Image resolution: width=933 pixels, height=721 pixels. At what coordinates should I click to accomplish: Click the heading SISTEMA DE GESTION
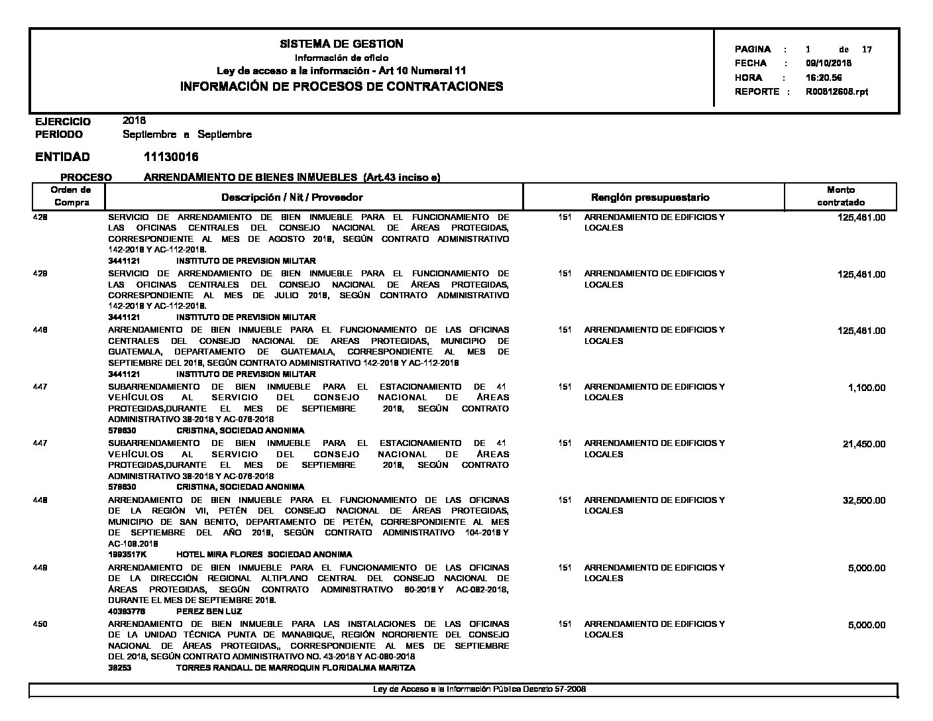pos(341,44)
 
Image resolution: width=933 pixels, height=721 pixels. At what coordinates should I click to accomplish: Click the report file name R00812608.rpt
pos(836,91)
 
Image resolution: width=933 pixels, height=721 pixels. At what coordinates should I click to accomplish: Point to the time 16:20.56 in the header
pos(824,78)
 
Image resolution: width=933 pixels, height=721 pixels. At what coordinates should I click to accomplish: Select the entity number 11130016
pos(170,157)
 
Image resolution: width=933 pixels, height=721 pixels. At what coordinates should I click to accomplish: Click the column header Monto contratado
pos(840,196)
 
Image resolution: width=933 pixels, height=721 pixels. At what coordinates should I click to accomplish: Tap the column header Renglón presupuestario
pos(649,197)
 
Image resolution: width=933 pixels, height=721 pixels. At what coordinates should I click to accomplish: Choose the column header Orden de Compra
pos(72,196)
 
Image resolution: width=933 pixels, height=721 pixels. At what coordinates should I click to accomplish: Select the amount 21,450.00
pos(863,444)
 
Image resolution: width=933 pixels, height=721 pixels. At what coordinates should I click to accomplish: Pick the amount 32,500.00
pos(863,501)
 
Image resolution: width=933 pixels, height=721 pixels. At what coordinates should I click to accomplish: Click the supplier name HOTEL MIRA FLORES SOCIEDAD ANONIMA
pos(264,554)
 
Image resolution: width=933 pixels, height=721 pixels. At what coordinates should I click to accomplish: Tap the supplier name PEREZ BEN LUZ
pos(209,611)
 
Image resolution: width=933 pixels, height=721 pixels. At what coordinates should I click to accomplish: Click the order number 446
pos(40,330)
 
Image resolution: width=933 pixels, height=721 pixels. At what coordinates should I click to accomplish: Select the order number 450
pos(40,624)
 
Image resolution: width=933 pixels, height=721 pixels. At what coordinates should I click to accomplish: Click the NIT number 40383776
pos(127,611)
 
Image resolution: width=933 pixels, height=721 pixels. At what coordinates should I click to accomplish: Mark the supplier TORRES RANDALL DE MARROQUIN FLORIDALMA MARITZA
pos(296,668)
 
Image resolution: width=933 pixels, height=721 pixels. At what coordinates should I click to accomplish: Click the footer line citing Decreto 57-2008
pos(479,689)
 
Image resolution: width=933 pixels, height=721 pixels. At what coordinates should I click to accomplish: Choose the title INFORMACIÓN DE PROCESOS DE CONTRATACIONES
pos(341,86)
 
